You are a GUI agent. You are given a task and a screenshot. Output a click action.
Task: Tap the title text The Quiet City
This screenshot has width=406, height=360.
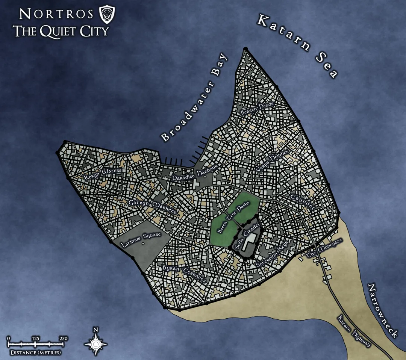click(x=61, y=31)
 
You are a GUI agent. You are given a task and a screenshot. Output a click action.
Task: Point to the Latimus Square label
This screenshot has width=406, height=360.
click(x=141, y=239)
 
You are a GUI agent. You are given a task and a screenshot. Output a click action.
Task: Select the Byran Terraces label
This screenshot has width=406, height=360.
click(x=184, y=274)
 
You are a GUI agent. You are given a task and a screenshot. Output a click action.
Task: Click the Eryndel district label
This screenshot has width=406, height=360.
click(x=302, y=202)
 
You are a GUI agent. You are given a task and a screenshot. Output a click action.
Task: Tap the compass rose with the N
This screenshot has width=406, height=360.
click(x=96, y=343)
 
